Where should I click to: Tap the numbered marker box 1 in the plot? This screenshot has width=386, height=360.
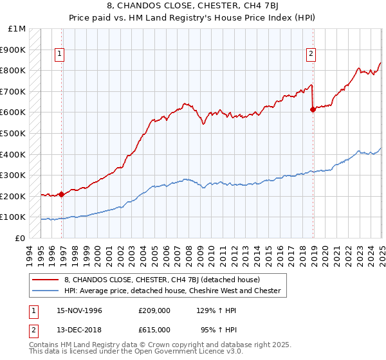coord(59,55)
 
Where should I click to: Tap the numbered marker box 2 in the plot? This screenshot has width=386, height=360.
coord(311,55)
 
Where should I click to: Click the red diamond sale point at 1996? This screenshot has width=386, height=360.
coord(62,194)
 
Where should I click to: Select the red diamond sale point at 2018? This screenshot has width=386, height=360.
coord(313,109)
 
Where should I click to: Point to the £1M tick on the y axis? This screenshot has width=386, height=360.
coord(17,29)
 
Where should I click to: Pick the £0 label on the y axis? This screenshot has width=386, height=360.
coord(20,238)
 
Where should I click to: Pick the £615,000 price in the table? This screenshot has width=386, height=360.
coord(154,329)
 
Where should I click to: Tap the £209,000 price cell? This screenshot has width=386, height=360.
coord(154,310)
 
